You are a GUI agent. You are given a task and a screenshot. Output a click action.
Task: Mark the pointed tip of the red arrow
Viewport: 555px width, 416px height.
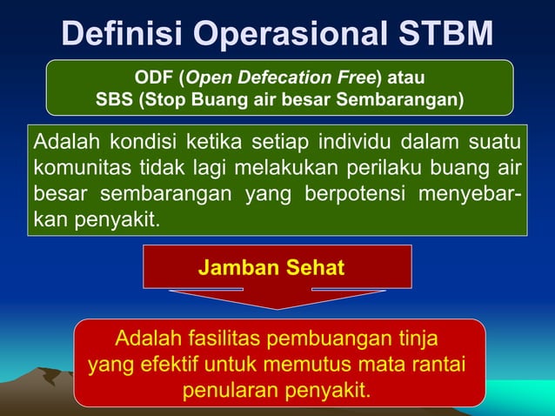click(x=277, y=307)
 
